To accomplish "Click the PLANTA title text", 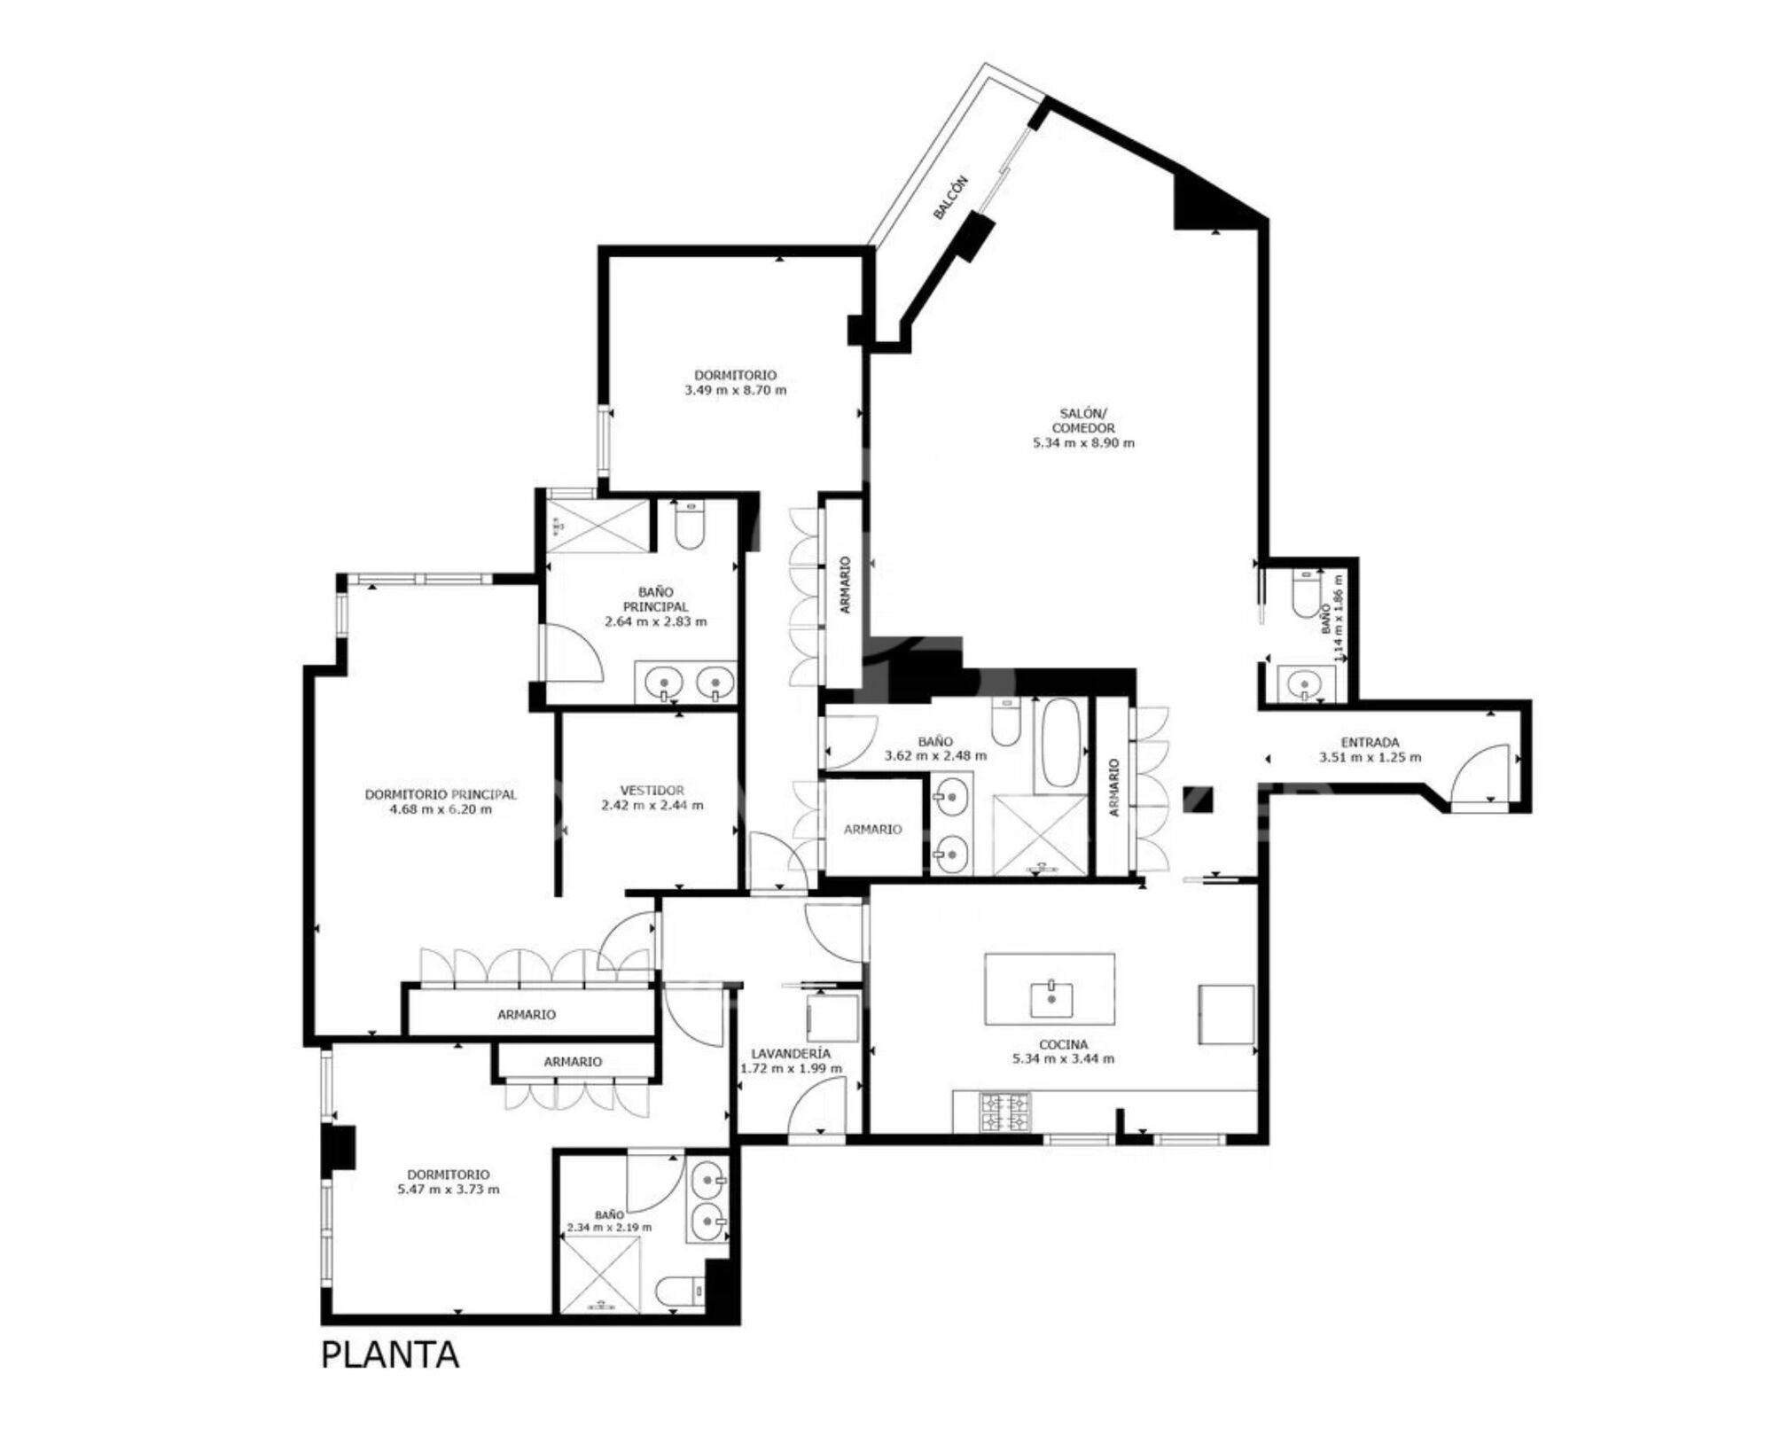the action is [390, 1379].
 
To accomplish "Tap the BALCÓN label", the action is [950, 198].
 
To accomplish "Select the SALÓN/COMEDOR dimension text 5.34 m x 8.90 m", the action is [1083, 443].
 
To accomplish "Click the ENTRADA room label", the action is [1370, 742].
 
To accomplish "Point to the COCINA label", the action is [1063, 1044].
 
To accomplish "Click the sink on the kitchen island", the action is [1051, 998].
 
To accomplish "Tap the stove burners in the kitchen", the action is [1005, 1112].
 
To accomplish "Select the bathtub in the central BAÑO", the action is [1058, 744].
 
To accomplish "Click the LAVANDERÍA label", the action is [791, 1054].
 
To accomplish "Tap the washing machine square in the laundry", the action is [832, 1018].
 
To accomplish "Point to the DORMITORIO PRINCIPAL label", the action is [441, 794].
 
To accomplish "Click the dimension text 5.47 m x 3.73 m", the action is [449, 1190].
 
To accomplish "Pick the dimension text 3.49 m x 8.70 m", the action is [735, 390].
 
